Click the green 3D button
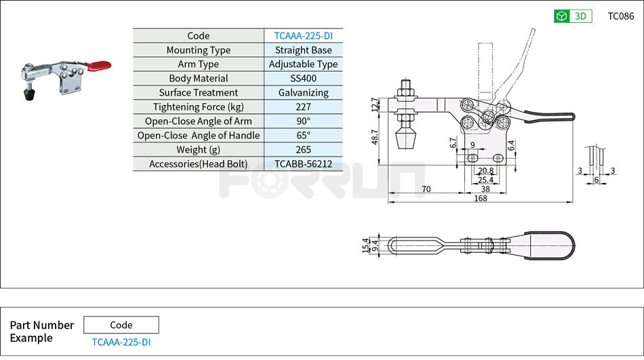(573, 16)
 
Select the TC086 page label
(621, 16)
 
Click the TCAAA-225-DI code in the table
(303, 36)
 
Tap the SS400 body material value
(303, 79)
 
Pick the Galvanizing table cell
(303, 93)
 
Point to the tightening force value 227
(303, 107)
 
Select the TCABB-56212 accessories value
(303, 164)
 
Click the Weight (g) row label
(198, 150)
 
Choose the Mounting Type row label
(198, 50)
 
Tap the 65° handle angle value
(303, 136)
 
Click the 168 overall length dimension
(481, 198)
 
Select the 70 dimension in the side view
(426, 189)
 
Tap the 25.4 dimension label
(485, 180)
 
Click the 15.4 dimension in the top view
(366, 244)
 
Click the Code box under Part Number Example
(121, 325)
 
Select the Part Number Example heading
(42, 332)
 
